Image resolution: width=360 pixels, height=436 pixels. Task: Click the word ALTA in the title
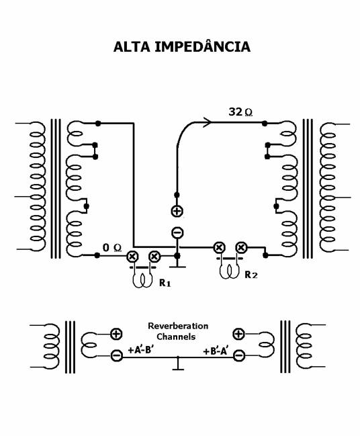click(132, 47)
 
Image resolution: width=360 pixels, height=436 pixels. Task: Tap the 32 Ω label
click(240, 112)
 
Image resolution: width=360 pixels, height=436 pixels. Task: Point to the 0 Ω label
click(112, 247)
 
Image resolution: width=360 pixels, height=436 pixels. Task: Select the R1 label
click(165, 283)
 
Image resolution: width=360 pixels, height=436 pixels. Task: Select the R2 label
click(251, 275)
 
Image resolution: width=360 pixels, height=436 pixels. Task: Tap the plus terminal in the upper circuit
click(177, 211)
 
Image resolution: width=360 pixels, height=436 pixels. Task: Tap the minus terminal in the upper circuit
click(177, 232)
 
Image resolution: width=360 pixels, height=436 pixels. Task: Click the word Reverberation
click(178, 326)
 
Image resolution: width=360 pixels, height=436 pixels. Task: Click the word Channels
click(176, 337)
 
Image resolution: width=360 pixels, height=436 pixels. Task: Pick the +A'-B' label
click(141, 349)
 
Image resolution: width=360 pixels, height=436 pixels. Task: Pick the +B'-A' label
click(216, 351)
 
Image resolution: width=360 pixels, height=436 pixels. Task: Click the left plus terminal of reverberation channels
click(116, 334)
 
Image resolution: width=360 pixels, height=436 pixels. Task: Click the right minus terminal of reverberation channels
click(239, 355)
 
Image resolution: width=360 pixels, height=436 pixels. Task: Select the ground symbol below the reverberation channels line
click(178, 364)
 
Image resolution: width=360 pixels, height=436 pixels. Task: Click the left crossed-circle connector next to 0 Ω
click(132, 256)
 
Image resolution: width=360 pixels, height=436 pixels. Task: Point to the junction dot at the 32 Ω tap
click(265, 123)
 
